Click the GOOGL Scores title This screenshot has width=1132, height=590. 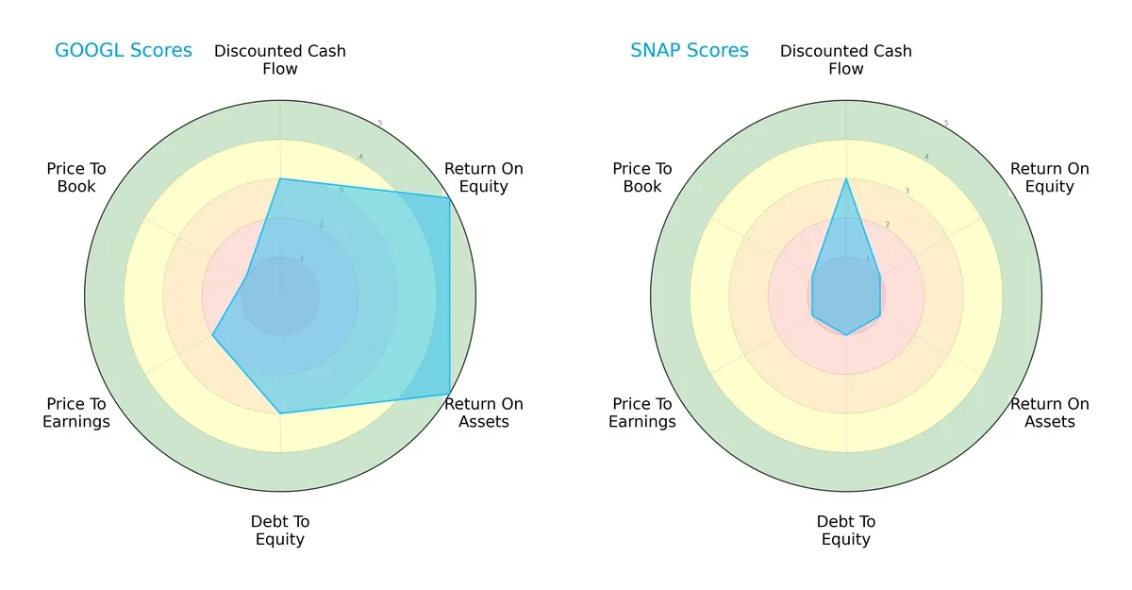point(123,50)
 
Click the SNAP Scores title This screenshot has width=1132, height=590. point(690,50)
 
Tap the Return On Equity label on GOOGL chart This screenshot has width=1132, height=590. point(484,177)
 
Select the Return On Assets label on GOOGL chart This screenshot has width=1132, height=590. point(484,413)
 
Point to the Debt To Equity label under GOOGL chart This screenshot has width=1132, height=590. point(280,531)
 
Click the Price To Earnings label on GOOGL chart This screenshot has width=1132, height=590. point(76,413)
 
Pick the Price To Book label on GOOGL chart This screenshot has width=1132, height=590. point(76,177)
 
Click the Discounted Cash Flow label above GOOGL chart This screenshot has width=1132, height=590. point(280,59)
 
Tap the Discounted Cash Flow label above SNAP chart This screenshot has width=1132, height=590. point(846,59)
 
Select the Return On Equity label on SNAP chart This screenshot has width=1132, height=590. point(1050,177)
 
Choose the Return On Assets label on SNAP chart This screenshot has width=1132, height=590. point(1050,413)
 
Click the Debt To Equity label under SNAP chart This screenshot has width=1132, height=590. point(846,531)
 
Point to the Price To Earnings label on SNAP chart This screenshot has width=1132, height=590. point(642,413)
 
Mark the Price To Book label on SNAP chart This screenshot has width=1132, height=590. point(642,177)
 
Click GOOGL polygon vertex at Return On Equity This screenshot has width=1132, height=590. point(449,197)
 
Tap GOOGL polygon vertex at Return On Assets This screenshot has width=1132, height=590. point(449,394)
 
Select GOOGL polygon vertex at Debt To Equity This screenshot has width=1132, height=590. point(280,413)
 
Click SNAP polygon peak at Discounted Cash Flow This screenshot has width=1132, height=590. point(846,178)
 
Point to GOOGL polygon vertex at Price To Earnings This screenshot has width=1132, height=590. point(212,335)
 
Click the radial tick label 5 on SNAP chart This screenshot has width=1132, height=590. point(946,123)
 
